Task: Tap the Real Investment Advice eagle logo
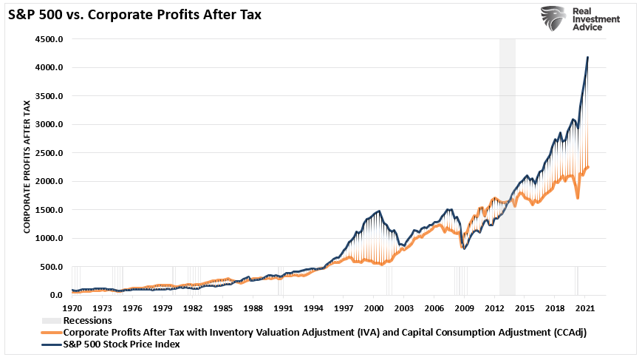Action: tap(554, 19)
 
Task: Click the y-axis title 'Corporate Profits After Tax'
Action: tap(27, 168)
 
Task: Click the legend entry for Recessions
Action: tap(87, 321)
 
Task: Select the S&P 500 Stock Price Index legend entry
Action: tap(121, 344)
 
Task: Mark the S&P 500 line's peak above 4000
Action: tap(587, 57)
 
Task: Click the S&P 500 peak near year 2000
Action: tap(379, 211)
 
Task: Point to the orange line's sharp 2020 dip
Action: tap(578, 197)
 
